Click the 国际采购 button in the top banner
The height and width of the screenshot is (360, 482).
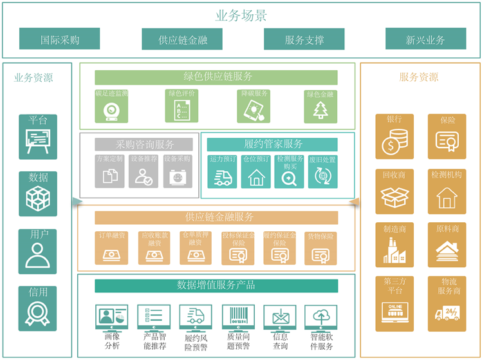(x=60, y=39)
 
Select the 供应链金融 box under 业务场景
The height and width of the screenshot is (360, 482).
(x=182, y=39)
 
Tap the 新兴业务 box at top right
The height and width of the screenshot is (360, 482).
(x=425, y=39)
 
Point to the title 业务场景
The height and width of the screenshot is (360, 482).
(x=241, y=16)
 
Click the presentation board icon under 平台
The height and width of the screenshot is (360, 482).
(x=38, y=140)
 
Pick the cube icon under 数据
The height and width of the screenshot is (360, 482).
(x=38, y=198)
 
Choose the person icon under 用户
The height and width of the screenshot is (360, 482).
(x=38, y=255)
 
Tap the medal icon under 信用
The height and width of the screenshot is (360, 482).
(x=38, y=311)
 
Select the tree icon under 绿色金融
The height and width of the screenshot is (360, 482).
(x=320, y=110)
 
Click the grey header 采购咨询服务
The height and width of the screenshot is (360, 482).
(x=145, y=144)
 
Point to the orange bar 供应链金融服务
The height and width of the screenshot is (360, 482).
(x=216, y=217)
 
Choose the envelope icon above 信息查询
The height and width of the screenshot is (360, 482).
(x=280, y=316)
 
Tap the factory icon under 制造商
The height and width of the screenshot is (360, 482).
(x=394, y=250)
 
